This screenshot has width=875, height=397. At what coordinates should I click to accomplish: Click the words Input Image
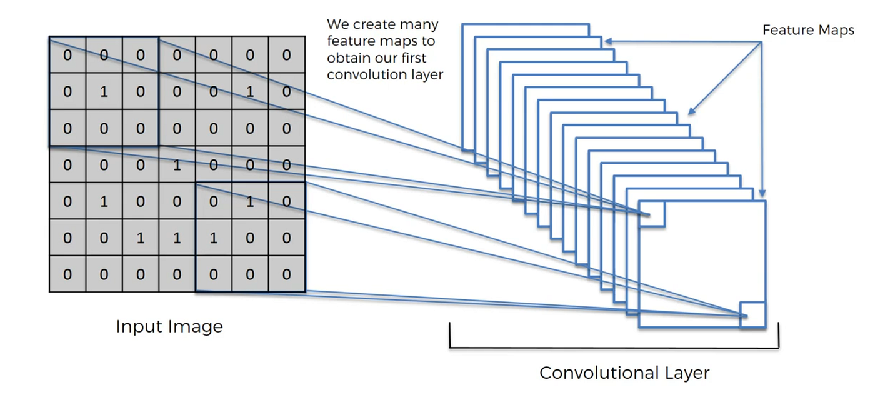[169, 326]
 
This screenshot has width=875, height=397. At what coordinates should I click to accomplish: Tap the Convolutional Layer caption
[624, 373]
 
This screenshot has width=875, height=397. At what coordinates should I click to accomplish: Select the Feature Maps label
[807, 31]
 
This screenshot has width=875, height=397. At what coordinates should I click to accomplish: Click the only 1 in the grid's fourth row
[177, 165]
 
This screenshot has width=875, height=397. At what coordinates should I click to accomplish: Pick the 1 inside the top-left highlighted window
[104, 92]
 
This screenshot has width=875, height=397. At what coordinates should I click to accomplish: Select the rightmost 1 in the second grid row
[250, 92]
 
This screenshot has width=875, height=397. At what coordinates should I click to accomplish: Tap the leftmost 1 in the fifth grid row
[104, 201]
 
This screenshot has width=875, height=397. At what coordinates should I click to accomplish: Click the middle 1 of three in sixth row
[177, 238]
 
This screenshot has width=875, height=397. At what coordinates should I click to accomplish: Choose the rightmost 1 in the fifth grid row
[250, 201]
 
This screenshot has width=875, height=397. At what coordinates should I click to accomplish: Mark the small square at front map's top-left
[652, 213]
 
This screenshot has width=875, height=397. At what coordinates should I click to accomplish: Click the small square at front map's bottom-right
[752, 314]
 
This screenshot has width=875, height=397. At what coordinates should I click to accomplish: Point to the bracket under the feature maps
[614, 346]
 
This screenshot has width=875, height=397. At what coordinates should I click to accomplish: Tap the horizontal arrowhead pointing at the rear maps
[607, 42]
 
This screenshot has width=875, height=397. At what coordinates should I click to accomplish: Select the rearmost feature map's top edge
[526, 24]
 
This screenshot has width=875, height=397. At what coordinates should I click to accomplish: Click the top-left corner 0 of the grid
[67, 56]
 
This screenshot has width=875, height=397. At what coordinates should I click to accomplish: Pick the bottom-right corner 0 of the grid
[287, 274]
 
